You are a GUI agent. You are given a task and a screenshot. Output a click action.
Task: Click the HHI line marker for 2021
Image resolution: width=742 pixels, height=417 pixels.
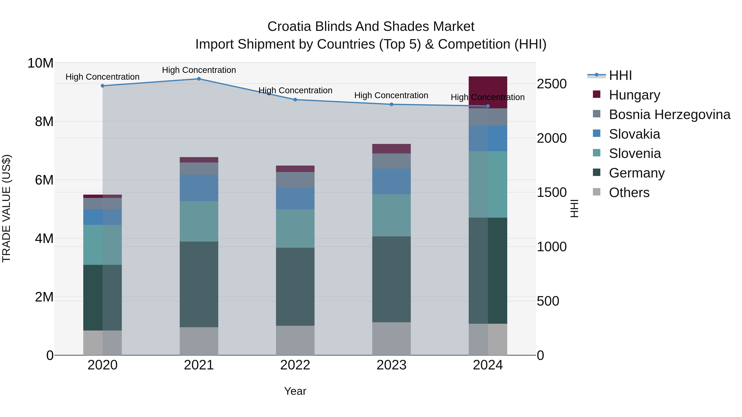coord(199,79)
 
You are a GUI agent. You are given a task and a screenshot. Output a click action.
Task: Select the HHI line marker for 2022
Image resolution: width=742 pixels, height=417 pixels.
coord(295,100)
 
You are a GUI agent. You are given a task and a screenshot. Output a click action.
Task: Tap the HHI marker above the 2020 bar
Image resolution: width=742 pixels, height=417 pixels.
coord(103,86)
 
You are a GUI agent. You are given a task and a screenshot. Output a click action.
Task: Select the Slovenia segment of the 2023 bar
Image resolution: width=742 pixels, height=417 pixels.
coord(391,215)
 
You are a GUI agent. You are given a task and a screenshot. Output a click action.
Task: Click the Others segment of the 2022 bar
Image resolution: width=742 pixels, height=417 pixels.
coord(295,340)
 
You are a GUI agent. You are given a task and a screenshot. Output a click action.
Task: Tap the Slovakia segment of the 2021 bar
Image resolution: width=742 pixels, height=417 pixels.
coord(199,188)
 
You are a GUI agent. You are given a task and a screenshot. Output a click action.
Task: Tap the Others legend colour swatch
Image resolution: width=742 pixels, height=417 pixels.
coord(596,192)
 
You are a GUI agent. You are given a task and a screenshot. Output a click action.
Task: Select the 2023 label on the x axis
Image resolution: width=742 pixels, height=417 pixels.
coord(391,365)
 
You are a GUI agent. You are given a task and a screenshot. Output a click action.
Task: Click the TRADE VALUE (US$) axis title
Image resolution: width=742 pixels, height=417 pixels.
coord(6,208)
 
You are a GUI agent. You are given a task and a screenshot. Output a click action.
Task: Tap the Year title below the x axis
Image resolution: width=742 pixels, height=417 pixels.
coord(295,391)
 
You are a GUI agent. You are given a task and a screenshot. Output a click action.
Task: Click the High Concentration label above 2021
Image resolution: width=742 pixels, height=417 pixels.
coord(199,70)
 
